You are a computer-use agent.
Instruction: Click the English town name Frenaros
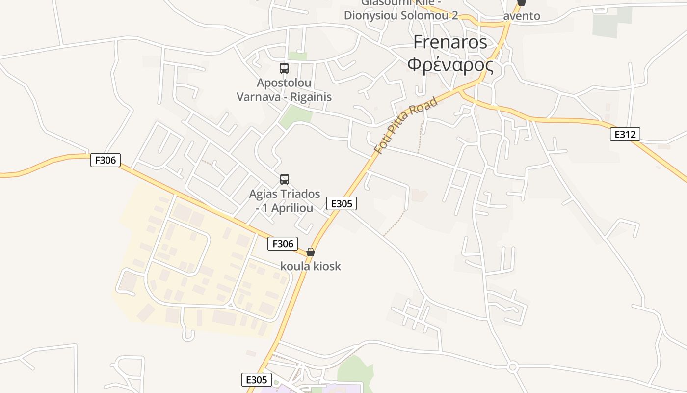click(450, 42)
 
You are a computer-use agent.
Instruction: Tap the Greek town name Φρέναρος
click(450, 64)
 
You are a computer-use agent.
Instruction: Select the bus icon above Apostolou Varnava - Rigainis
click(284, 68)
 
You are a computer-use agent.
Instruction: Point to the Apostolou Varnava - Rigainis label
click(284, 90)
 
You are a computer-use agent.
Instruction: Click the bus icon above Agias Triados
click(285, 179)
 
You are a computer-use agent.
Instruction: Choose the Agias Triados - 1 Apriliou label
click(285, 201)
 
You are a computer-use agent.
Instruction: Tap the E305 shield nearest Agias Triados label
click(342, 203)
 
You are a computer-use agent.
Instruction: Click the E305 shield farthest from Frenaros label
click(256, 380)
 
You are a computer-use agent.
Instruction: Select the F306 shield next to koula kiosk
click(283, 243)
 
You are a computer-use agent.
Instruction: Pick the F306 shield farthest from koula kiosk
click(106, 160)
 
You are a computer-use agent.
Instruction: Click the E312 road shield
click(625, 134)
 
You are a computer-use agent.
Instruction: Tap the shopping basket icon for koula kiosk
click(311, 252)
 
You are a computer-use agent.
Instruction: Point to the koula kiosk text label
click(311, 266)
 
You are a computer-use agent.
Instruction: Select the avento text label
click(522, 16)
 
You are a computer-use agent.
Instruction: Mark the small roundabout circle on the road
click(513, 366)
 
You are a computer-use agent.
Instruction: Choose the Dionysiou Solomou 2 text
click(400, 15)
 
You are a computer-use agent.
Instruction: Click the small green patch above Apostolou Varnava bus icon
click(297, 56)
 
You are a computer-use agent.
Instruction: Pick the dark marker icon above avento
click(522, 2)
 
